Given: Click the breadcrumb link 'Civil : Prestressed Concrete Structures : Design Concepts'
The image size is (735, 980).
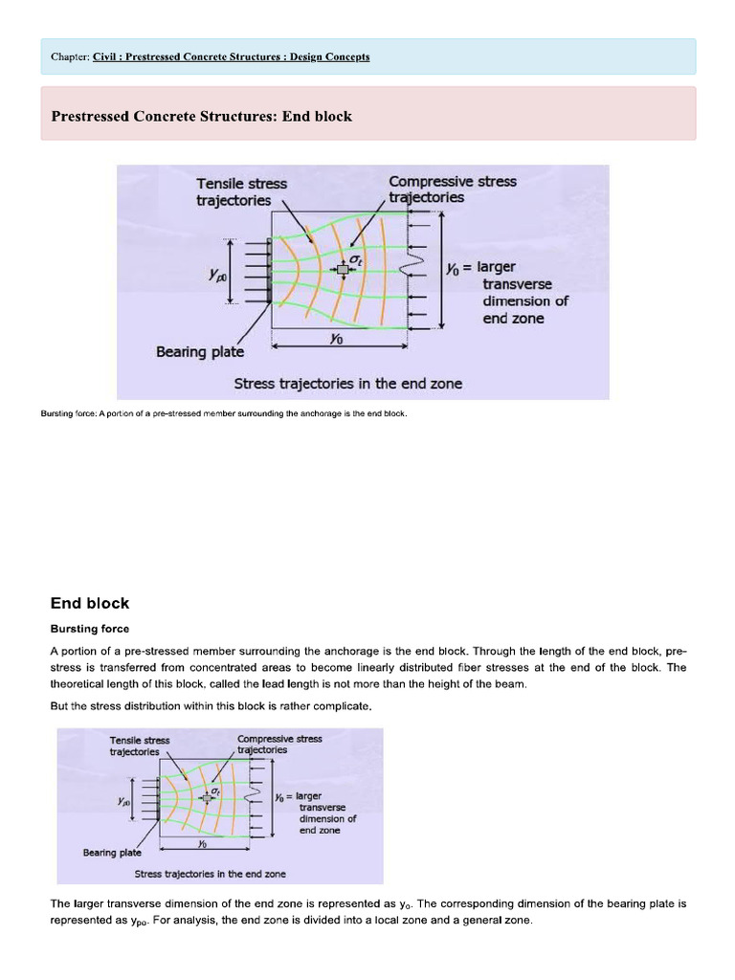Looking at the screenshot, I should [231, 57].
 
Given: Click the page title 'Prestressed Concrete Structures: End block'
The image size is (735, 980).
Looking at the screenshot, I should [201, 117].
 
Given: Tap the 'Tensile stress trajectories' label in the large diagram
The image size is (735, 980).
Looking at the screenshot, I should [241, 191].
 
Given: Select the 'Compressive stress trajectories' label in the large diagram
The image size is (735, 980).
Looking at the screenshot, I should [452, 189].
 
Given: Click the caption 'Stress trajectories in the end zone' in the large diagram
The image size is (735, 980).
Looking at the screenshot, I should [347, 384].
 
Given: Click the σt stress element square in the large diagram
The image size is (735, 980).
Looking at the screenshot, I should [344, 270].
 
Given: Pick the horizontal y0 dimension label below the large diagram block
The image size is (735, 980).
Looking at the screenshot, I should [336, 339].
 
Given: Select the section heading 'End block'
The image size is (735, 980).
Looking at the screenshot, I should [89, 603].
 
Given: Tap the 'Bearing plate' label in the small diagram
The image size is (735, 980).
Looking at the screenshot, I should [112, 852].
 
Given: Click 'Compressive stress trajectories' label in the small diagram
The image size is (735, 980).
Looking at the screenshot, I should [279, 744].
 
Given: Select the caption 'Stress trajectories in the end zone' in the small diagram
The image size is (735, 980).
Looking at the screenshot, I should [210, 874].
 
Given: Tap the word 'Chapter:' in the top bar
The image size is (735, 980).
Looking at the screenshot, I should [70, 57].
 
